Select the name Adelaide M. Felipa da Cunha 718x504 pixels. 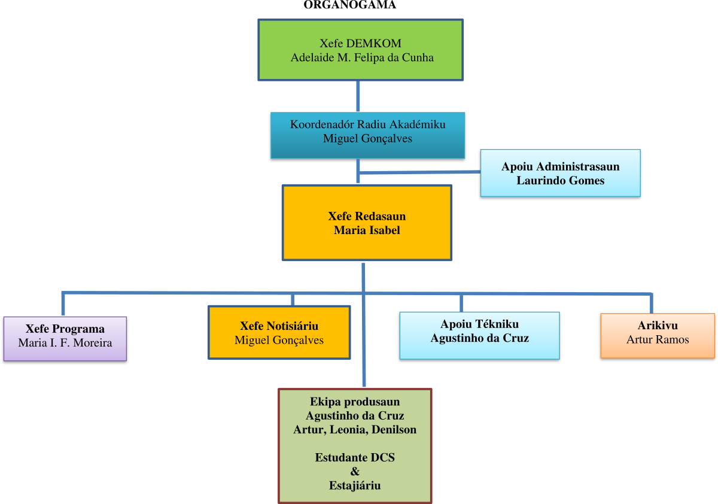[x=362, y=58]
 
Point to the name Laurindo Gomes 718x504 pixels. [x=560, y=180]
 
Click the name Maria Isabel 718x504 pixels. [x=367, y=230]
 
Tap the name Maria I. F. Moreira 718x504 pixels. [x=65, y=344]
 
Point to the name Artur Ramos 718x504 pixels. [x=658, y=340]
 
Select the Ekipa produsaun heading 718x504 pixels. [x=355, y=402]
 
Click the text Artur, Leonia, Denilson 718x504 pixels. [x=355, y=430]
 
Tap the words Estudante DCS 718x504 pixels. [x=355, y=458]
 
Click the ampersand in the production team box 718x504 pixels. [x=355, y=472]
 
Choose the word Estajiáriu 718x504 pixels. [x=355, y=485]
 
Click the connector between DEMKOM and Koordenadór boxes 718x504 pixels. [x=358, y=96]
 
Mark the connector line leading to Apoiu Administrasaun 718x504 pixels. [x=419, y=172]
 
